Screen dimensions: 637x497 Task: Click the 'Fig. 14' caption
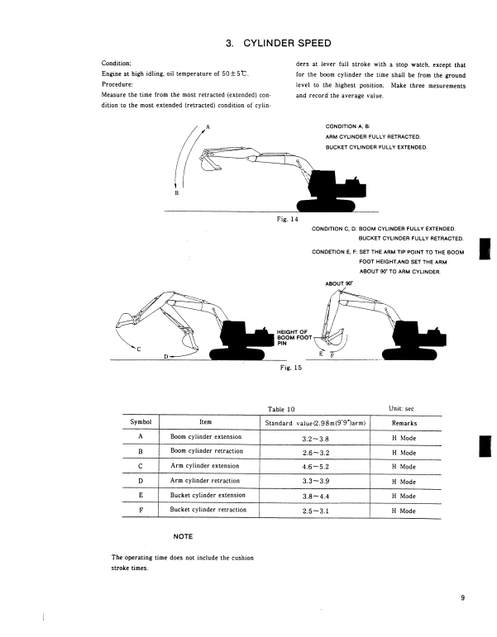pos(288,219)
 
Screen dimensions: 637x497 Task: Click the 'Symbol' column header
pos(141,422)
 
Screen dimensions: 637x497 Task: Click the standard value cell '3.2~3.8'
pos(316,437)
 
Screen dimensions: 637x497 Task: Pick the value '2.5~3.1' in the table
pos(316,511)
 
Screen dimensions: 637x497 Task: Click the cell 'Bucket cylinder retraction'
pos(208,510)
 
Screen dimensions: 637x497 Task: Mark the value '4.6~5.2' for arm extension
pos(316,467)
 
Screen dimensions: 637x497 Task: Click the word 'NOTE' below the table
pos(183,536)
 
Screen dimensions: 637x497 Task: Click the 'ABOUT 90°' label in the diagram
pos(339,283)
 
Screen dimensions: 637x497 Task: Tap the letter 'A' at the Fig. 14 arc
pos(208,126)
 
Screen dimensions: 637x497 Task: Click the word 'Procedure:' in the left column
pos(123,84)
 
